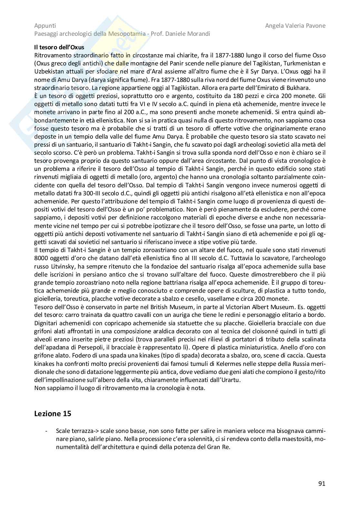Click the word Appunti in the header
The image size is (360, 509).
[x=45, y=25]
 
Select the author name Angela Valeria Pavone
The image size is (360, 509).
[x=295, y=25]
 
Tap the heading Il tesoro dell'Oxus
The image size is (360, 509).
[x=59, y=47]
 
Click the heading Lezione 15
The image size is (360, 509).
[x=53, y=413]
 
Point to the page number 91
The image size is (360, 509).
[x=322, y=484]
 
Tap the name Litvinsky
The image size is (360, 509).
[x=62, y=266]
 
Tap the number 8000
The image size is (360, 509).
[x=41, y=258]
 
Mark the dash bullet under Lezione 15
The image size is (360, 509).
[x=47, y=431]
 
